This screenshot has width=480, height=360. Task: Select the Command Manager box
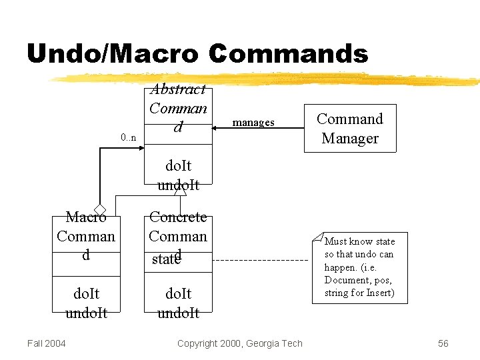[x=350, y=129]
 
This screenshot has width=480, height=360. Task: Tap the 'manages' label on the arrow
[x=253, y=123]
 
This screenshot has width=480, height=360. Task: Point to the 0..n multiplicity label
[x=129, y=138]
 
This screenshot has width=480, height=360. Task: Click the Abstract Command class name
[x=178, y=107]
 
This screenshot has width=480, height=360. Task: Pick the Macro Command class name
[x=86, y=236]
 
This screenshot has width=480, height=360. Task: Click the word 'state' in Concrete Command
[x=165, y=259]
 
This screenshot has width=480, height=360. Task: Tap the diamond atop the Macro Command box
[x=100, y=209]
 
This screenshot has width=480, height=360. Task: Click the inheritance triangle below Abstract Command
[x=179, y=191]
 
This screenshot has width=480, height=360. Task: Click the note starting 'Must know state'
[x=359, y=267]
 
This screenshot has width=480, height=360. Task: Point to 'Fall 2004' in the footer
[x=47, y=343]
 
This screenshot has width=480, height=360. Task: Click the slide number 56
[x=443, y=343]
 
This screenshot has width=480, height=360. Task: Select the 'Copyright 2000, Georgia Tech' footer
[x=240, y=343]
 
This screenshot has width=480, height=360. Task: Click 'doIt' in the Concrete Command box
[x=178, y=293]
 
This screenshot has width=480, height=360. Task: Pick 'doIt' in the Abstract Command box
[x=178, y=165]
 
